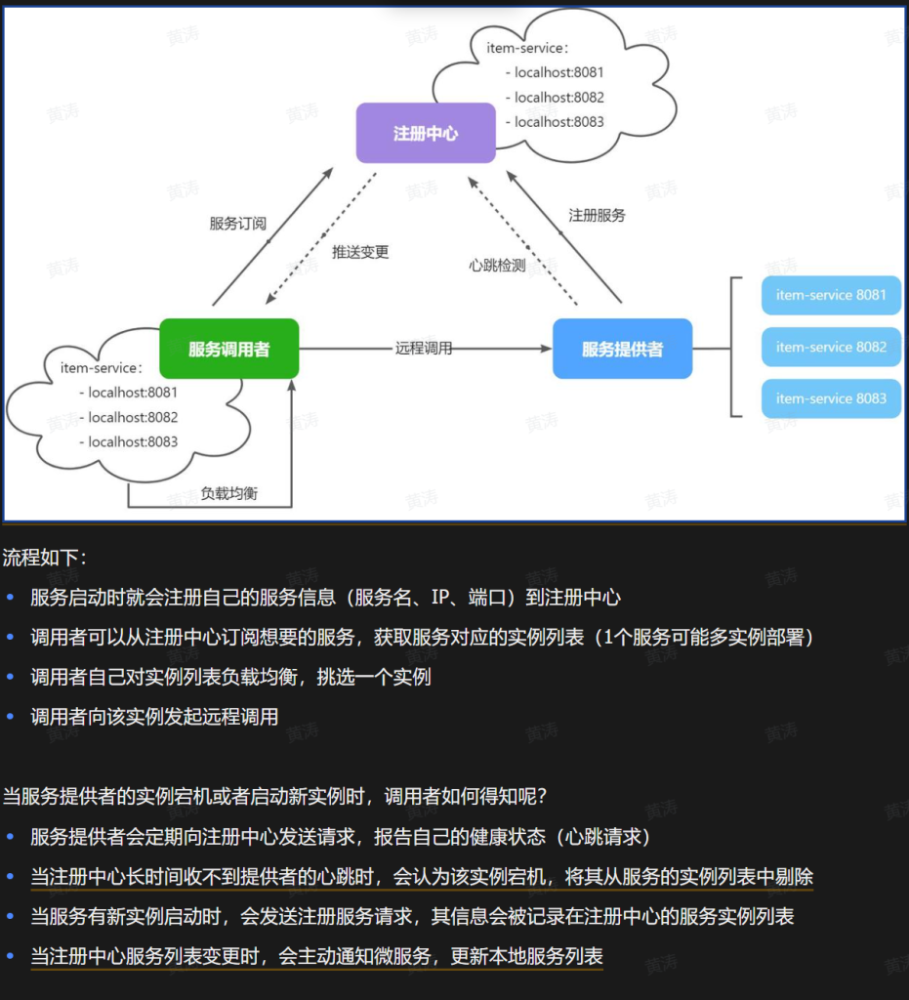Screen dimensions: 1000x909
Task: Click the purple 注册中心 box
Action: [x=426, y=133]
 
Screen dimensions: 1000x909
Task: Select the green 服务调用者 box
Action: [x=229, y=349]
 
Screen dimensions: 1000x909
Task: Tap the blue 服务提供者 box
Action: [x=622, y=349]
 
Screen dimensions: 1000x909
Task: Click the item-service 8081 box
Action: [x=831, y=295]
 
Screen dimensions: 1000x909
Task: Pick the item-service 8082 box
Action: [x=831, y=347]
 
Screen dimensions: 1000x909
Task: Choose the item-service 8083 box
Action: [x=831, y=398]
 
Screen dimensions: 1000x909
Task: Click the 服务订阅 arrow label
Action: [x=237, y=223]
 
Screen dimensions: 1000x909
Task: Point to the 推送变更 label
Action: [x=360, y=252]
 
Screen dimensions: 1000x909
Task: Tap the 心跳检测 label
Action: [x=497, y=265]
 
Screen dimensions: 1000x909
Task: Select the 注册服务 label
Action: [x=597, y=215]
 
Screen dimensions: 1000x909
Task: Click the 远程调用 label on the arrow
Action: [x=424, y=348]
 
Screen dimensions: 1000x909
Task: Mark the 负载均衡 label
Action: [x=229, y=493]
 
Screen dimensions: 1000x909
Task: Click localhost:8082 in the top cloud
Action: [x=559, y=98]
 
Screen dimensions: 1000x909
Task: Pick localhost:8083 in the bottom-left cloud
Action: [x=133, y=441]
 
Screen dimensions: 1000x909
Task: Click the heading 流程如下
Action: [x=45, y=558]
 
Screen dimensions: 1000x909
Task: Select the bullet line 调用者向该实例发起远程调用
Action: [x=154, y=717]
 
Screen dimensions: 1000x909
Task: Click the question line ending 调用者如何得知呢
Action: [x=274, y=796]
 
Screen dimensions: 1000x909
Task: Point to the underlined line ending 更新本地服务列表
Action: [x=316, y=956]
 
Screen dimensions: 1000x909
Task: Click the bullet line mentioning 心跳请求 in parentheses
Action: [x=340, y=837]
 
